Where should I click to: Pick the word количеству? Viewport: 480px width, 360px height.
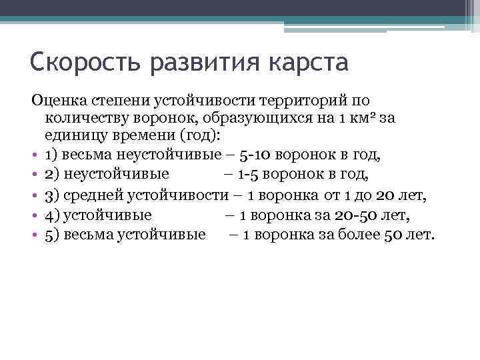(84, 118)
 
